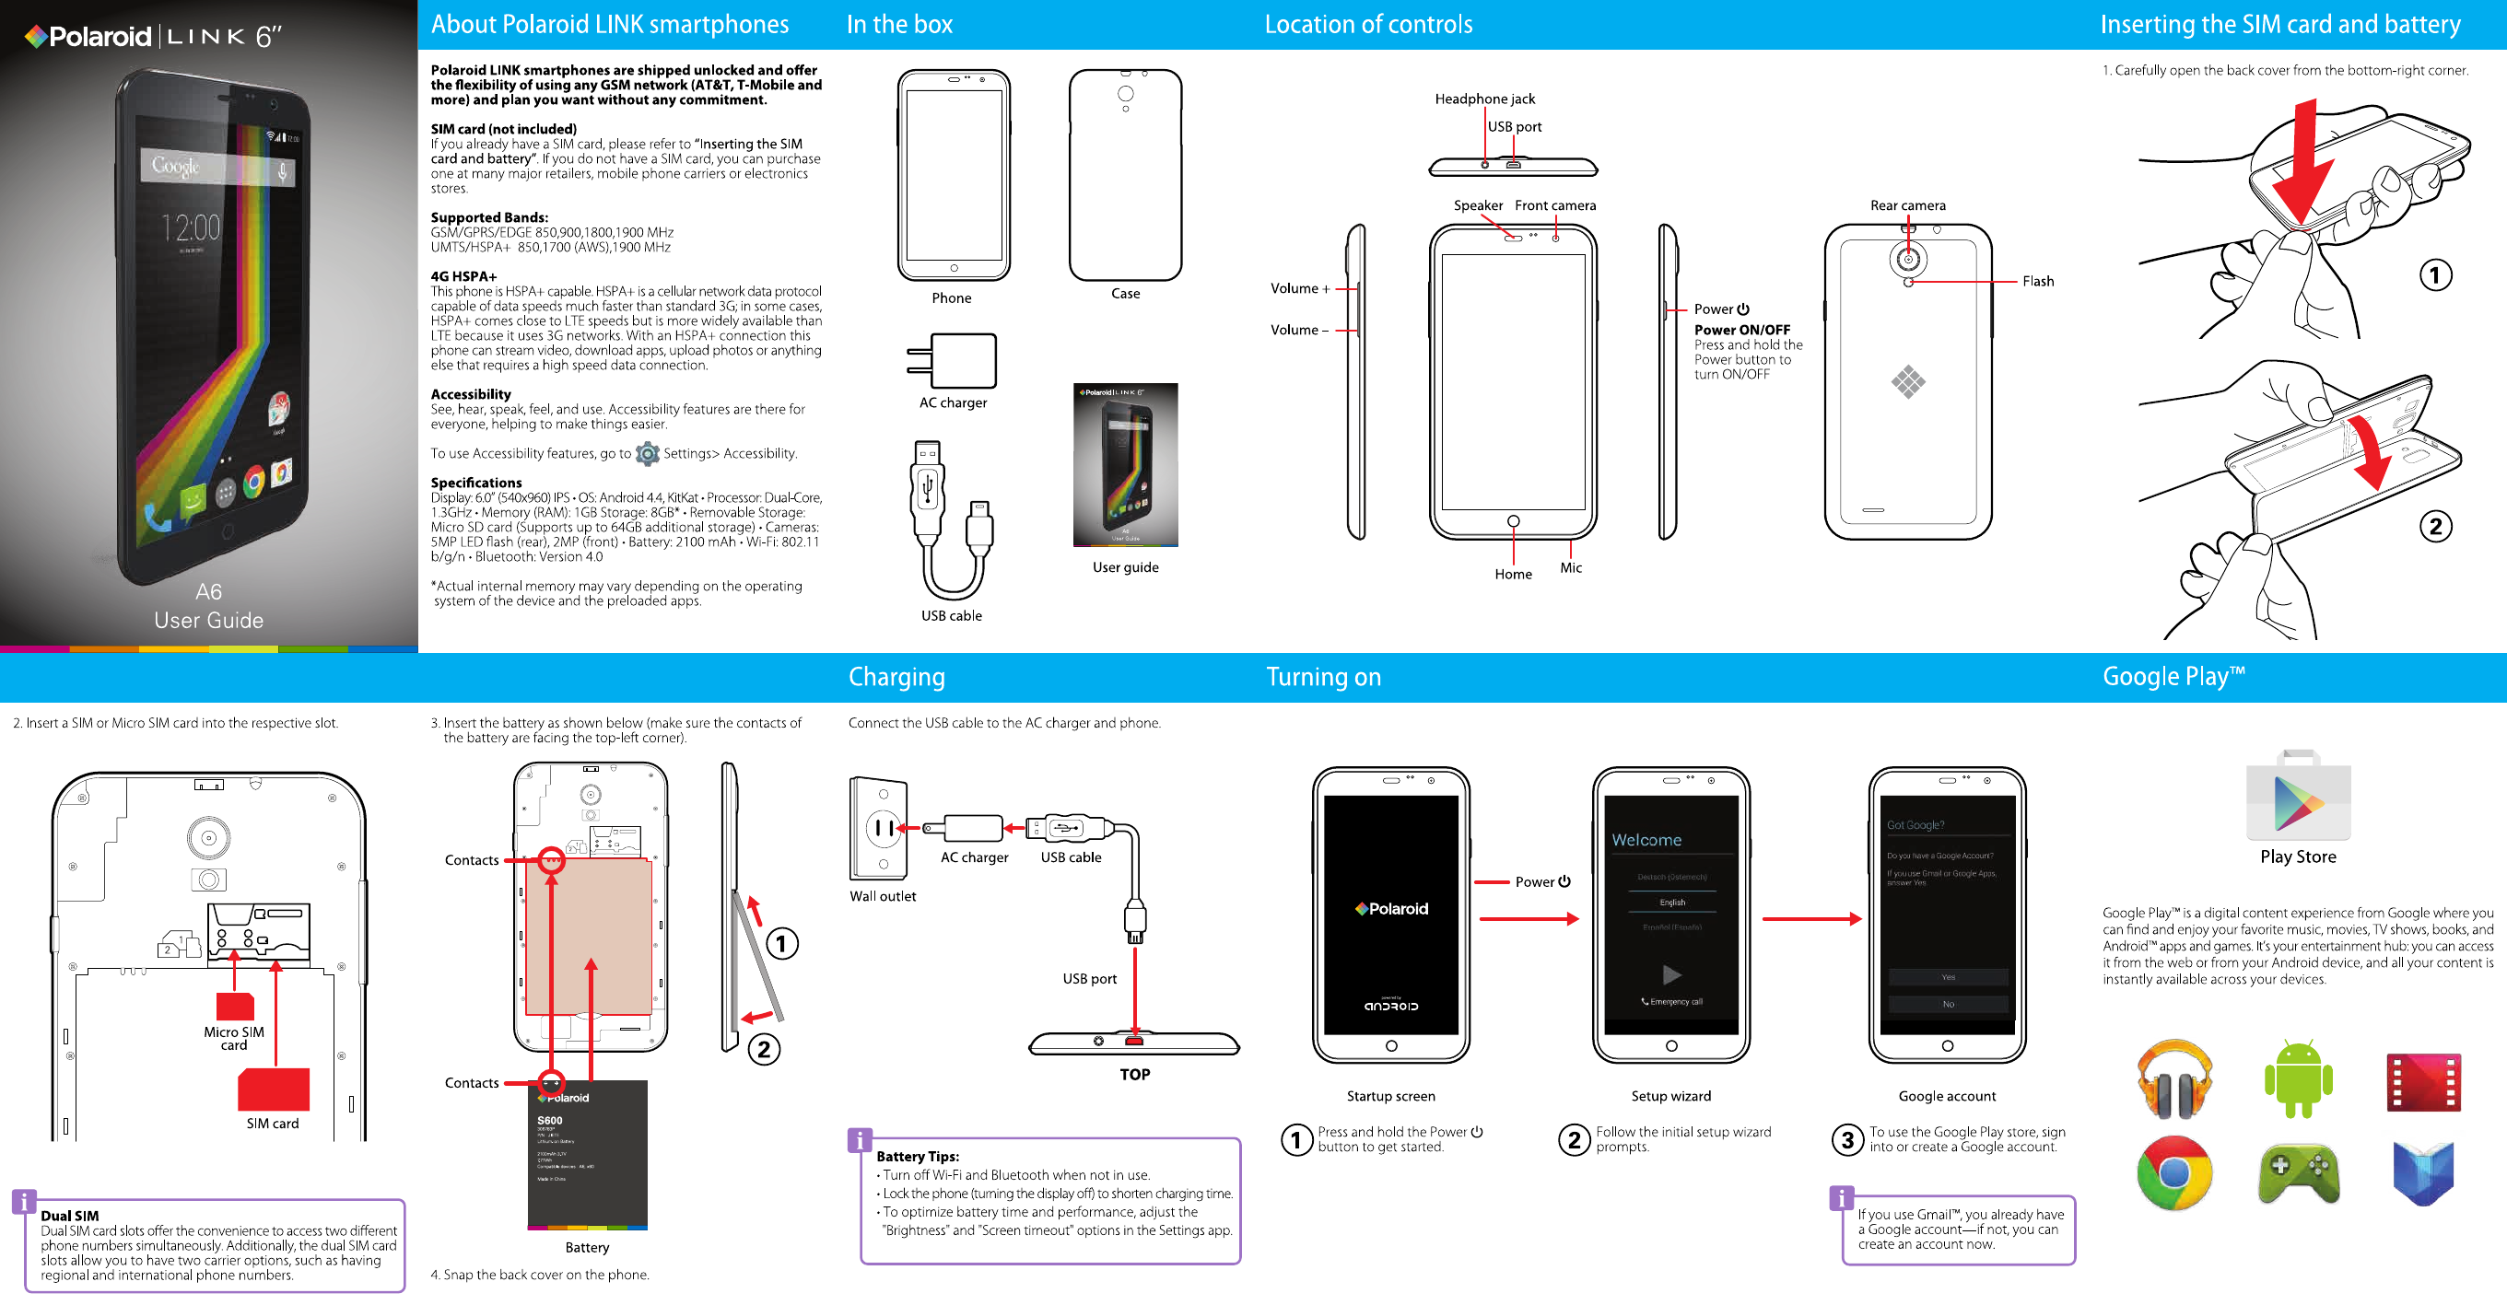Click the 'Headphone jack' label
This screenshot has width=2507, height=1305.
(1484, 99)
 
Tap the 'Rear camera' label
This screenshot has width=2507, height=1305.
(1907, 205)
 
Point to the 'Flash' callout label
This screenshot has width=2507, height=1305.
(2038, 281)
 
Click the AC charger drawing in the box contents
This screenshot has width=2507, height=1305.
(953, 361)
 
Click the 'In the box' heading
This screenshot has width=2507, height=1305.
(899, 24)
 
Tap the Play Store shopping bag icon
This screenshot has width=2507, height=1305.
(2298, 796)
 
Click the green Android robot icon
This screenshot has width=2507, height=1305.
(2298, 1078)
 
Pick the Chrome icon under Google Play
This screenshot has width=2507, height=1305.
(2174, 1173)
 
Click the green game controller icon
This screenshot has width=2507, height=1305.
(2298, 1173)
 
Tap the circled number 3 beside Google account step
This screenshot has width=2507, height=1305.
(1847, 1139)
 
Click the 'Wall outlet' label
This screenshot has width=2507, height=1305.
(883, 896)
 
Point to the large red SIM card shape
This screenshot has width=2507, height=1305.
(274, 1089)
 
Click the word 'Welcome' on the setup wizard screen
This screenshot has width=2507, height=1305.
(1646, 840)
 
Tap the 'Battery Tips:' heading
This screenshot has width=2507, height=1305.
(917, 1156)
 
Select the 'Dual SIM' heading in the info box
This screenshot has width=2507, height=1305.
(69, 1216)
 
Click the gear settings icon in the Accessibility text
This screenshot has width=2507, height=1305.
(647, 453)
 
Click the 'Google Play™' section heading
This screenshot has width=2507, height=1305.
(2173, 676)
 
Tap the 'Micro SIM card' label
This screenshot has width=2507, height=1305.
(234, 1038)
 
